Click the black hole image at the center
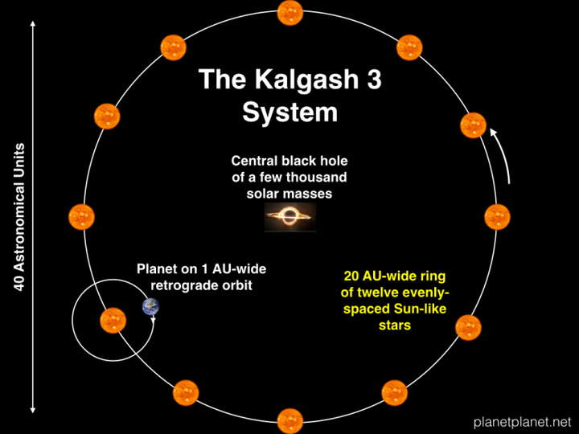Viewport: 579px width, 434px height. (290, 217)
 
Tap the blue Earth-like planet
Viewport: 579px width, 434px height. (150, 307)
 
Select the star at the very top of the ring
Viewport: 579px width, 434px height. (290, 13)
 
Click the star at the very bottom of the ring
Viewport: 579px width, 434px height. (290, 420)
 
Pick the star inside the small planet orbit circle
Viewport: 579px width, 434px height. (113, 321)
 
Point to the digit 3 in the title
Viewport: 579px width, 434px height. (374, 79)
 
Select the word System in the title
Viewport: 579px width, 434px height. (290, 113)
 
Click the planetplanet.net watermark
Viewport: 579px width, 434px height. (523, 421)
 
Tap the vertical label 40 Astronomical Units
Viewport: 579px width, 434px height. (19, 217)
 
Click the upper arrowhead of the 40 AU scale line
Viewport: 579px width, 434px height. (33, 24)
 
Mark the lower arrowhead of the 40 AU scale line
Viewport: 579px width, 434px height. (33, 410)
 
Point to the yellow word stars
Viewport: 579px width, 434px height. (395, 325)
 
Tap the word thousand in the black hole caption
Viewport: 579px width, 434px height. (317, 177)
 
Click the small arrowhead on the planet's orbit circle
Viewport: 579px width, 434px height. (153, 320)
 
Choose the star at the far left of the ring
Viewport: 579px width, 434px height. (81, 217)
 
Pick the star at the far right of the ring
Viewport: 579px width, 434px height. (498, 217)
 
